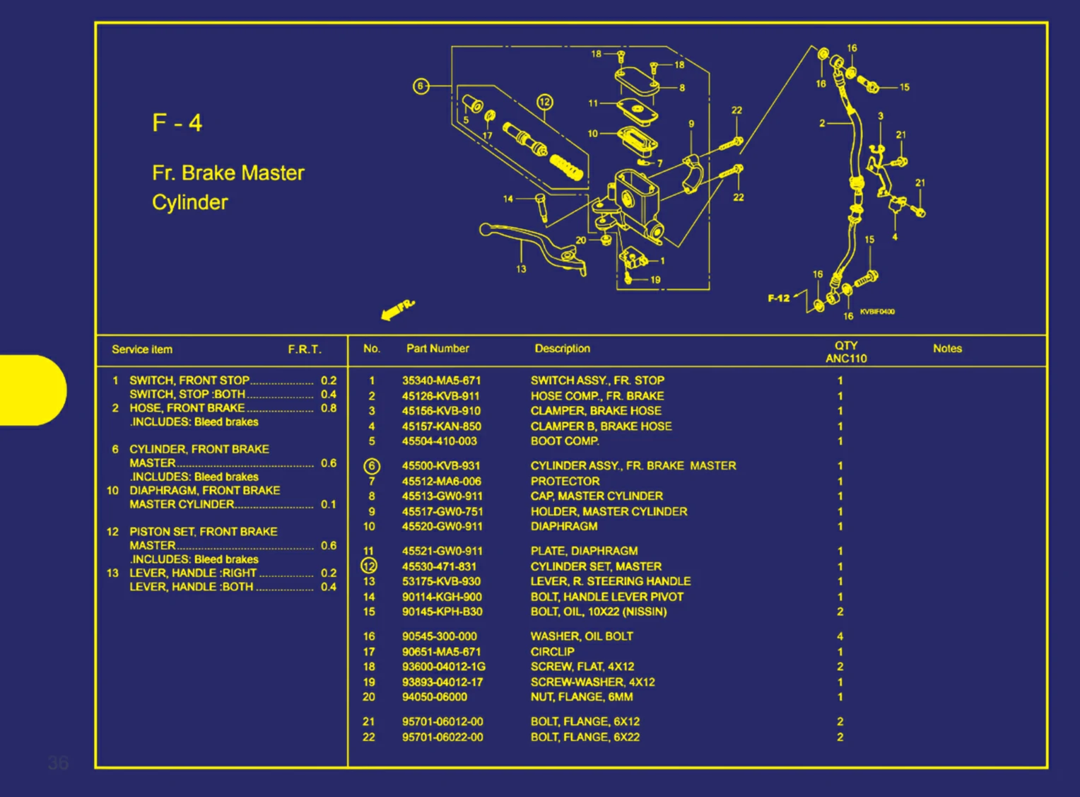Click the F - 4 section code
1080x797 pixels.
coord(177,123)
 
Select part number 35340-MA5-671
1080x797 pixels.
coord(441,380)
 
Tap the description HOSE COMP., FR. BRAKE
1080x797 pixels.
coord(597,396)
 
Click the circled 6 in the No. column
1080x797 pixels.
coord(372,466)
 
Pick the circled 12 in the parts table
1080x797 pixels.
coord(370,566)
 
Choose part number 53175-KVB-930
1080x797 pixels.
coord(441,581)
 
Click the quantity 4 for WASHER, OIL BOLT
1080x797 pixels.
coord(840,636)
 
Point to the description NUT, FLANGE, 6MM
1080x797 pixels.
coord(582,697)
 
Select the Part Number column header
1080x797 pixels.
coord(438,349)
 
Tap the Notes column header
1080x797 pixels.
coord(947,349)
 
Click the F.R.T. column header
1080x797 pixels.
coord(305,349)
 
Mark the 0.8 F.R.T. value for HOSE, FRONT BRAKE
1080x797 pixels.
coord(329,408)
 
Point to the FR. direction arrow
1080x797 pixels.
coord(397,310)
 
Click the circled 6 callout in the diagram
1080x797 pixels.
coord(421,86)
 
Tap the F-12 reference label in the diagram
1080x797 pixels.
coord(778,298)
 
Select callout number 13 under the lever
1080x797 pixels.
coord(521,269)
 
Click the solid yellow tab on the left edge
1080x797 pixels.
coord(32,390)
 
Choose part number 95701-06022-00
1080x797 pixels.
coord(442,737)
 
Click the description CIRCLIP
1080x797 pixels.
coord(552,652)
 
